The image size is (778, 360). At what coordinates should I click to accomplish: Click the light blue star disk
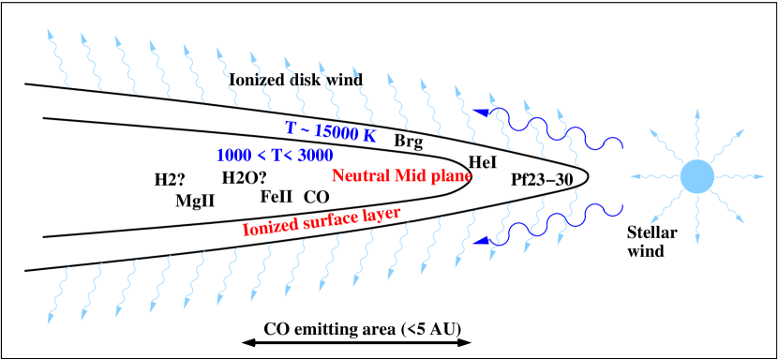click(x=696, y=176)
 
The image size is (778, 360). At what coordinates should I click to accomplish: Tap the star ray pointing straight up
click(x=696, y=131)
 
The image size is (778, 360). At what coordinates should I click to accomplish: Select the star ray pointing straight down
click(x=696, y=221)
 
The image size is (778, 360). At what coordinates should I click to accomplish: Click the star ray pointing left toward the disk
click(x=652, y=176)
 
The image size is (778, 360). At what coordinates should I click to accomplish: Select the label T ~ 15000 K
click(x=330, y=131)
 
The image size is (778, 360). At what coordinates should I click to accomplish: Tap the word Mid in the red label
click(x=410, y=176)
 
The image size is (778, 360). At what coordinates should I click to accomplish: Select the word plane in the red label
click(x=451, y=177)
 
